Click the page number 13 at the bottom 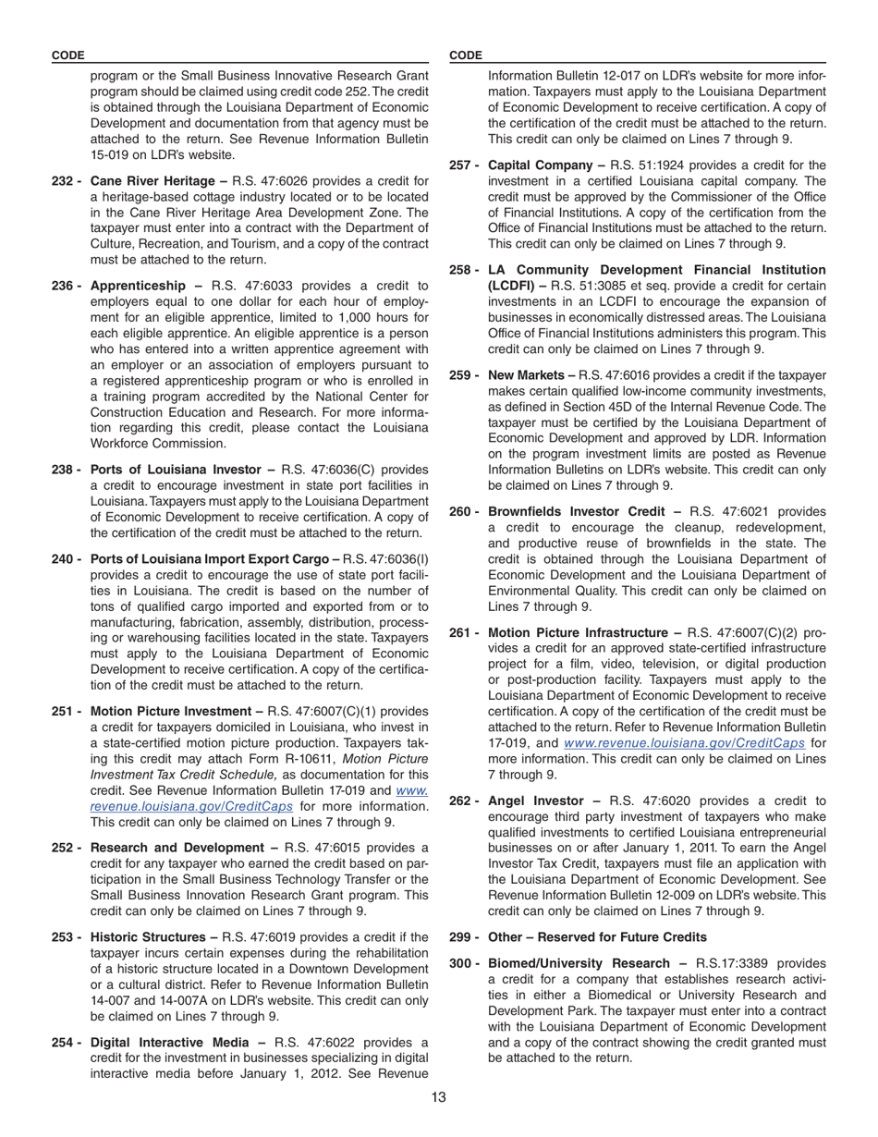[x=438, y=1097]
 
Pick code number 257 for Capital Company [x=462, y=165]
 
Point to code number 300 [x=462, y=964]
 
